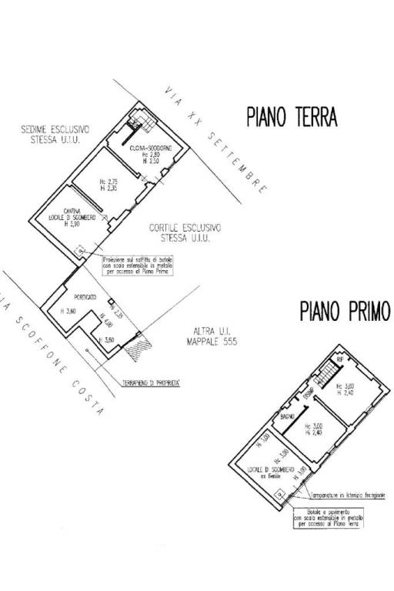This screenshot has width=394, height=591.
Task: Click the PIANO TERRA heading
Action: tap(292, 117)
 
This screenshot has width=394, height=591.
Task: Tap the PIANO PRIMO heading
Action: tap(345, 311)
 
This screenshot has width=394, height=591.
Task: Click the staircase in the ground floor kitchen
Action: tap(139, 119)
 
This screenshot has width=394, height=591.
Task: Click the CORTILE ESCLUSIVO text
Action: tap(185, 228)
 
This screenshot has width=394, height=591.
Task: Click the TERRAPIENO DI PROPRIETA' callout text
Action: tap(151, 381)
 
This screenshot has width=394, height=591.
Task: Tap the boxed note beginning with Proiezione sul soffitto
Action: tap(137, 265)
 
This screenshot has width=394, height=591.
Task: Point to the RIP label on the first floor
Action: tap(339, 359)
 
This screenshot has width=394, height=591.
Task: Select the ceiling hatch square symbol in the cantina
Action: tap(79, 249)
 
